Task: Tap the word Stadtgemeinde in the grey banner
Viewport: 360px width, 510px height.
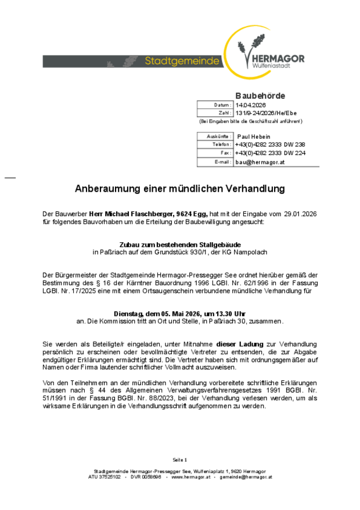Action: tap(182, 61)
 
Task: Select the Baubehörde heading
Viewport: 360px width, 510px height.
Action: tap(260, 95)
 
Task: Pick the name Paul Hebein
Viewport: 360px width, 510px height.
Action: tap(254, 136)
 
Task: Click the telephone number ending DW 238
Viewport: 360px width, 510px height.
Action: tap(270, 144)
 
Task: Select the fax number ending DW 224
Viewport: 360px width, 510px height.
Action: tap(270, 153)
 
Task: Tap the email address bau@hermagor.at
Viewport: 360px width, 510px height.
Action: tap(260, 162)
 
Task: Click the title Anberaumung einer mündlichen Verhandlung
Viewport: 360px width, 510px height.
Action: tap(180, 189)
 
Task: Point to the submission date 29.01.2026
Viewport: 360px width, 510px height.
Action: tap(300, 214)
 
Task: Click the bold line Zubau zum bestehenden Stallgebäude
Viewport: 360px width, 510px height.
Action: tap(180, 245)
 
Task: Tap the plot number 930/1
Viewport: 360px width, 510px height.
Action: tap(197, 253)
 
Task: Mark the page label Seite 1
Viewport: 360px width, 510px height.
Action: tap(180, 459)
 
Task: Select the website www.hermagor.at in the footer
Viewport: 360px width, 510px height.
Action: tap(190, 477)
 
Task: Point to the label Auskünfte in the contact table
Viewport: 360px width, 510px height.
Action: tap(220, 136)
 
